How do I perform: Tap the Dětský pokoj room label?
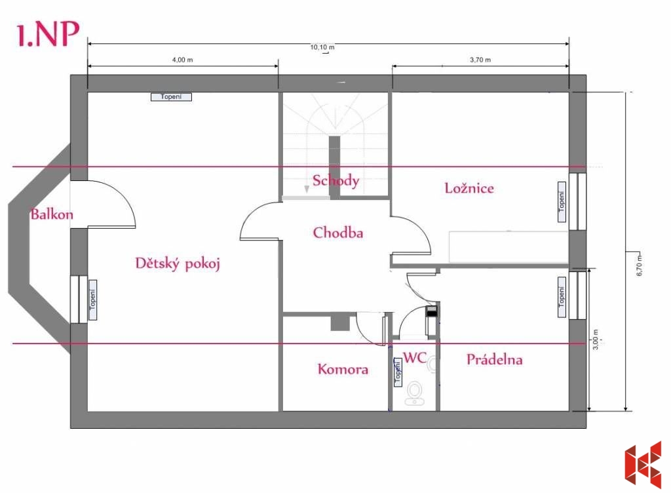pyautogui.click(x=178, y=263)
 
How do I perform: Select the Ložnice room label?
pyautogui.click(x=469, y=188)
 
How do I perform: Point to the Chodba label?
pyautogui.click(x=338, y=232)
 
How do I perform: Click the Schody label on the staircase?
pyautogui.click(x=336, y=180)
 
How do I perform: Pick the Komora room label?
pyautogui.click(x=343, y=369)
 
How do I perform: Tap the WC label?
pyautogui.click(x=415, y=357)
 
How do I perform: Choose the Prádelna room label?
pyautogui.click(x=494, y=359)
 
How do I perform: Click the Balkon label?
pyautogui.click(x=52, y=214)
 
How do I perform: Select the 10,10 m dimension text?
pyautogui.click(x=322, y=47)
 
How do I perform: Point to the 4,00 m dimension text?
pyautogui.click(x=182, y=60)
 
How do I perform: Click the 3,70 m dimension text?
pyautogui.click(x=480, y=60)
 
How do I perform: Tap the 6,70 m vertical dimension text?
pyautogui.click(x=640, y=266)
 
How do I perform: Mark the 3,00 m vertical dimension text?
pyautogui.click(x=595, y=340)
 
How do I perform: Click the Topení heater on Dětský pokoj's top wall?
pyautogui.click(x=171, y=97)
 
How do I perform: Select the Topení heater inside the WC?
pyautogui.click(x=398, y=372)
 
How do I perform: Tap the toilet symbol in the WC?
pyautogui.click(x=414, y=393)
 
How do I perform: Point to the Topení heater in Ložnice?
pyautogui.click(x=562, y=202)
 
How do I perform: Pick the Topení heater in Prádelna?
pyautogui.click(x=562, y=297)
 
